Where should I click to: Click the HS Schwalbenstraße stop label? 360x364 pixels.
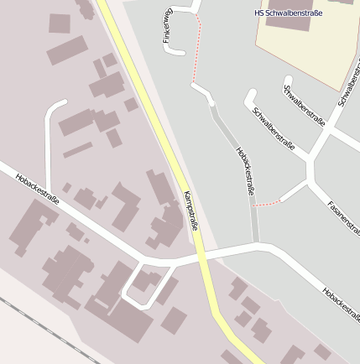[x=288, y=13]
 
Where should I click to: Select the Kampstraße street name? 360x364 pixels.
[x=190, y=212]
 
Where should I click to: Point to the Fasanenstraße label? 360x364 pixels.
[x=342, y=219]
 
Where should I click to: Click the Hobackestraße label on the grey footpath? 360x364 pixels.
[x=246, y=171]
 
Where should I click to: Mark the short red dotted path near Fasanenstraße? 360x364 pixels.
[x=266, y=204]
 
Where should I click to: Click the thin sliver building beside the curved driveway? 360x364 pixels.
[x=77, y=150]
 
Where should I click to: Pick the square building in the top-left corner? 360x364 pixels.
[x=60, y=23]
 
